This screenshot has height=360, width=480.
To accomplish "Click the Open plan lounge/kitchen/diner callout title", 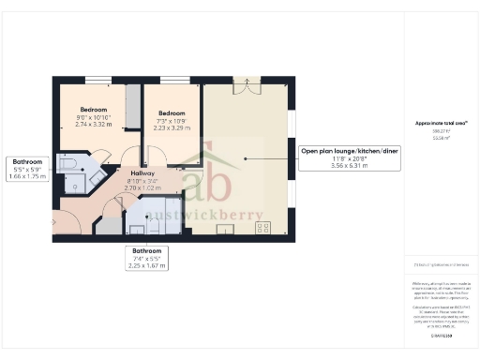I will click(349, 151).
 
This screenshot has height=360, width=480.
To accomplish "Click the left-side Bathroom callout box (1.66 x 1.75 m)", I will click(22, 169).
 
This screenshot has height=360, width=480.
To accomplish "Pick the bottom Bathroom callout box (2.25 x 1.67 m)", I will click(146, 258).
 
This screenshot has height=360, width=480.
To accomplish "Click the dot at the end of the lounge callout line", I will click(245, 159).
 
